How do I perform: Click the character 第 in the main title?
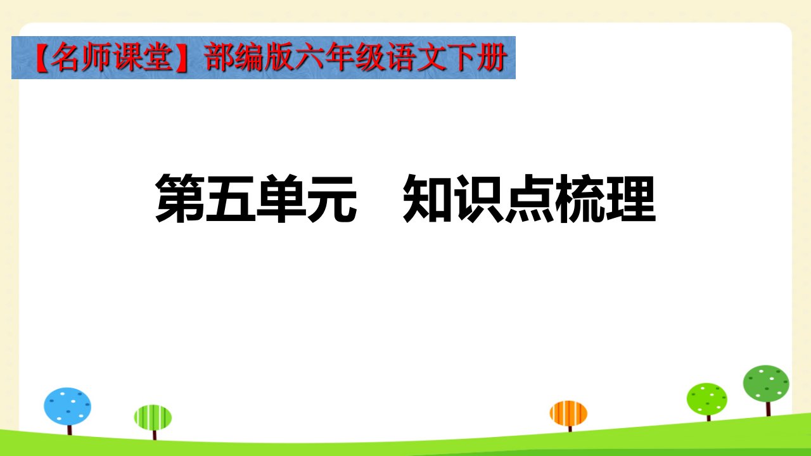[180, 198]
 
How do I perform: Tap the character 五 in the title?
[230, 198]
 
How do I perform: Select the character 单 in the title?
[281, 198]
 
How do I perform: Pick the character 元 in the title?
[331, 199]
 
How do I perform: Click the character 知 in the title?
[427, 198]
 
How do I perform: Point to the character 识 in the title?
[478, 198]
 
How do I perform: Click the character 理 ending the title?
[630, 198]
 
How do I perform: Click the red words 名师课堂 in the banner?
[112, 58]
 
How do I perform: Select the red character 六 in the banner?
[310, 58]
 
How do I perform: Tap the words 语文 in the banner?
[416, 58]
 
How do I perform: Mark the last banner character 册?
[491, 58]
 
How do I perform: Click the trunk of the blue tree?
[70, 430]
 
